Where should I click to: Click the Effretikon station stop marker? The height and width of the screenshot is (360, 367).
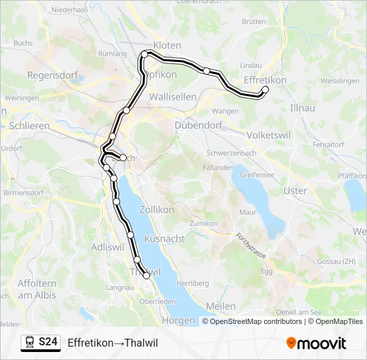pos(265,89)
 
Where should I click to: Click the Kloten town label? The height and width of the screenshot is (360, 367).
pos(167,45)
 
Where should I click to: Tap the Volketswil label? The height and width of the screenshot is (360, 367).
pos(268,135)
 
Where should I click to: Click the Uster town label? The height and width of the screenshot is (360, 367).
pos(296,191)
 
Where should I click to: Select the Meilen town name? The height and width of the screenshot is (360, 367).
pos(222,306)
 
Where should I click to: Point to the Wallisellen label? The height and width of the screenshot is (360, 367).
pos(173,97)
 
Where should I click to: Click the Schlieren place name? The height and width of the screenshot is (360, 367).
pos(30,125)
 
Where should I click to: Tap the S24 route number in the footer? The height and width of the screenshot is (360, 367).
pos(47,342)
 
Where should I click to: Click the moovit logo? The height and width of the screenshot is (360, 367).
pos(316,343)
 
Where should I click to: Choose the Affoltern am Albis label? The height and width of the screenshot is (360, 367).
pos(37,290)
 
